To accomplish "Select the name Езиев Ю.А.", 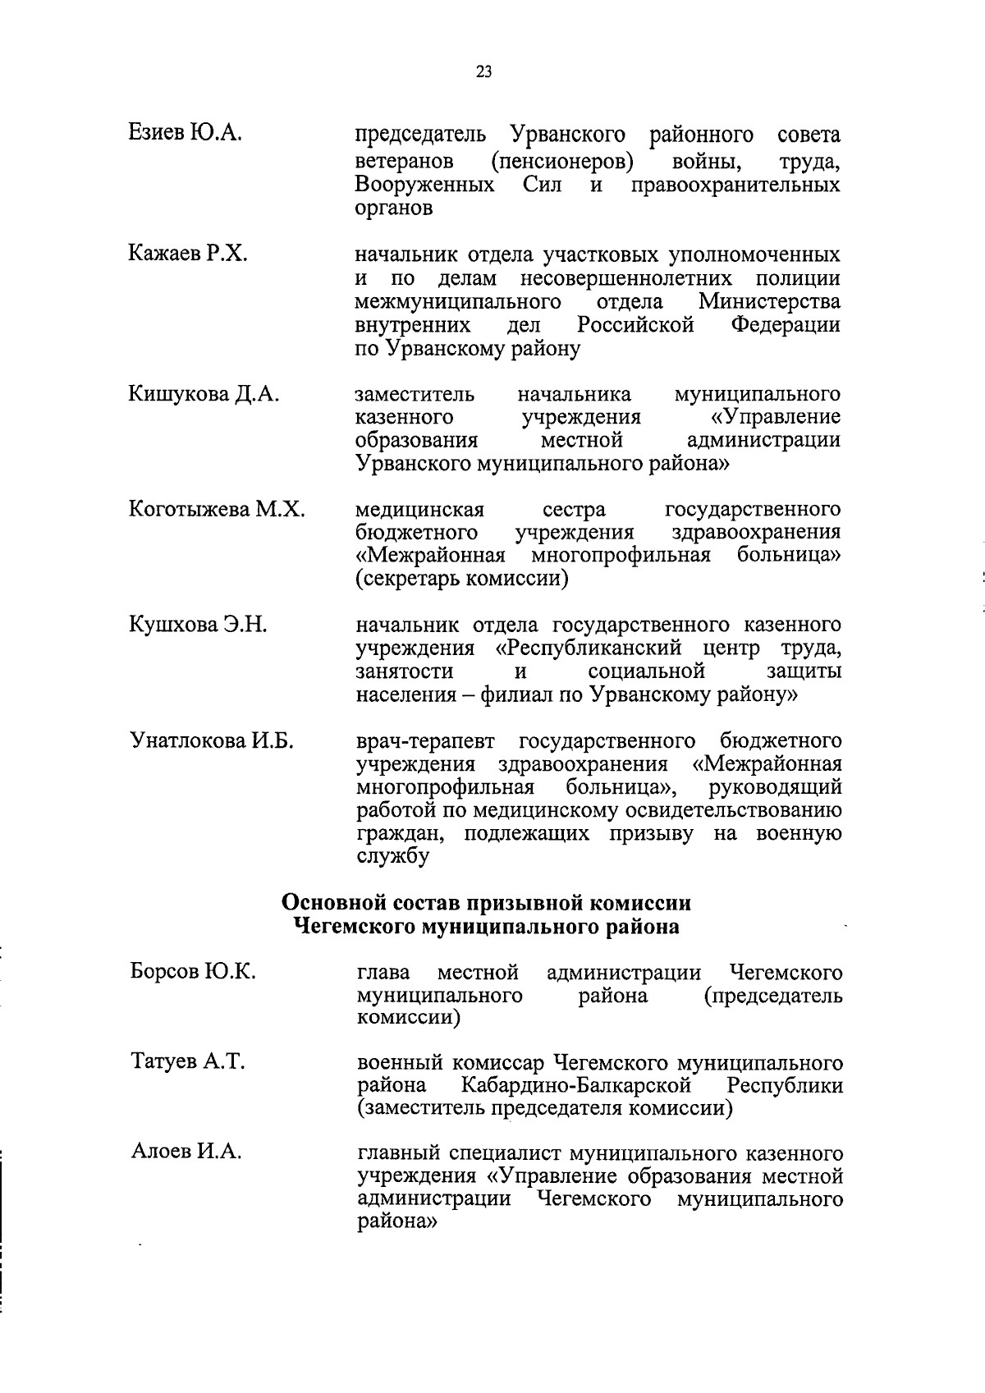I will [185, 133].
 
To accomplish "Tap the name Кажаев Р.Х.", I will [188, 254].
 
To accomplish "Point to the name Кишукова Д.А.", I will [204, 395].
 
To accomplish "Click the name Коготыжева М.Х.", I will [217, 510].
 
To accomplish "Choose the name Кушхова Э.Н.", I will [198, 625].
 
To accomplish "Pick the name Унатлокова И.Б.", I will [212, 741].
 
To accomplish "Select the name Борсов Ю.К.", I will [193, 972].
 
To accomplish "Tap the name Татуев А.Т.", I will [188, 1062].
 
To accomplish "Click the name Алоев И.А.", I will [186, 1152].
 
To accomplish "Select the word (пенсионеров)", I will [561, 162].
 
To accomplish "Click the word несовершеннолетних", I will [625, 278].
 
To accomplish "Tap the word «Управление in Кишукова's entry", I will [776, 418].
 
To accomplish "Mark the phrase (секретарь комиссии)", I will [462, 580].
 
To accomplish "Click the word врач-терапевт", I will [426, 741].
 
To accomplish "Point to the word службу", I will [393, 857].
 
